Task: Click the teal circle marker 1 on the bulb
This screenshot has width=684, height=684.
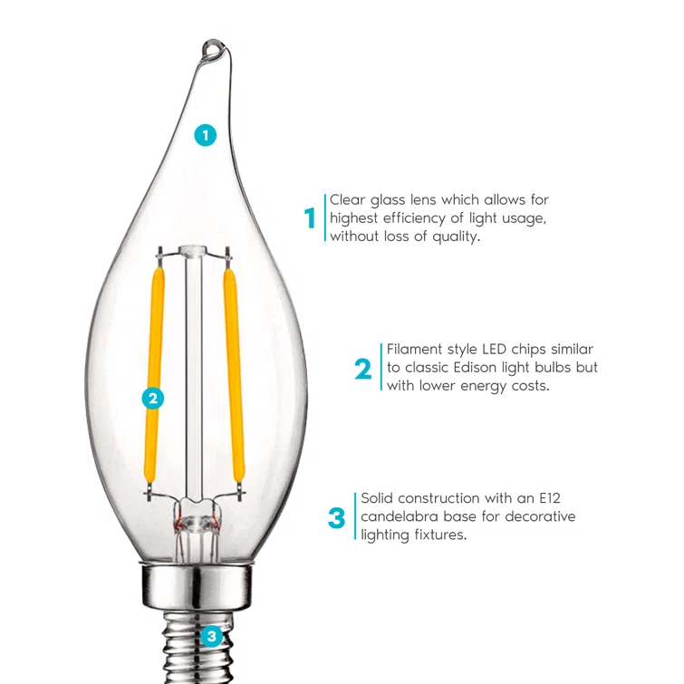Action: (x=206, y=136)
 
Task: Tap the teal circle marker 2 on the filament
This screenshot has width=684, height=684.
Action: (x=153, y=397)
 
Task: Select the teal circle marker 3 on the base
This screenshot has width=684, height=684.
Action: (x=211, y=636)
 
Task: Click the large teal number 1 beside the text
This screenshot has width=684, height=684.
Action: (x=310, y=218)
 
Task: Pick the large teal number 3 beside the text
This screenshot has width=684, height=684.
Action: (x=336, y=518)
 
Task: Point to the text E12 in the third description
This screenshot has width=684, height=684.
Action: (x=546, y=498)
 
